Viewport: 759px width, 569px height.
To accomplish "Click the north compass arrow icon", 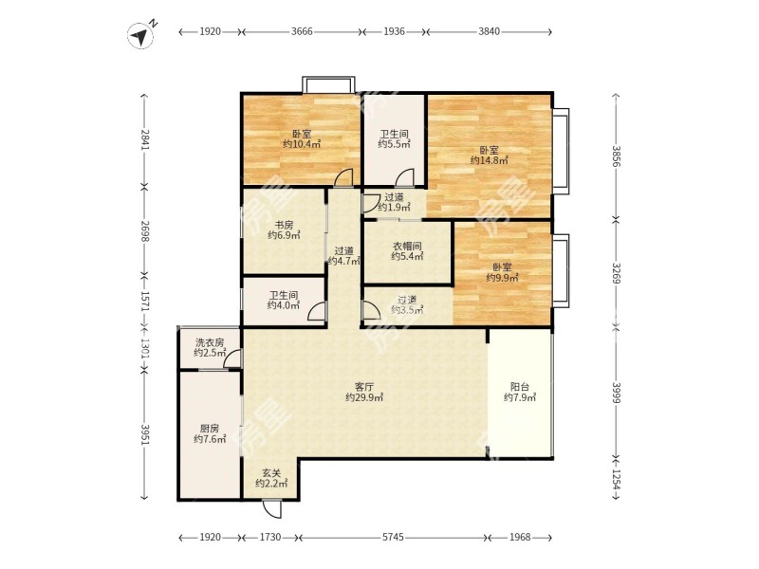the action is pyautogui.click(x=140, y=36).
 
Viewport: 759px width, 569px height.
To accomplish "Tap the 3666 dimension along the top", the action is pyautogui.click(x=302, y=32).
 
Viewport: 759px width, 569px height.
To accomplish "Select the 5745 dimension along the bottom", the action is pyautogui.click(x=393, y=537).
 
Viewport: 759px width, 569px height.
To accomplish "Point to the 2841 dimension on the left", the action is pyautogui.click(x=144, y=139).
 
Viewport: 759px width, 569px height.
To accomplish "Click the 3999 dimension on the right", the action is pyautogui.click(x=616, y=393).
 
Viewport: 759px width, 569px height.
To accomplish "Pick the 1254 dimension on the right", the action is pyautogui.click(x=616, y=479).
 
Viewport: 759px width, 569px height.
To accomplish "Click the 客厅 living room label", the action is pyautogui.click(x=364, y=387).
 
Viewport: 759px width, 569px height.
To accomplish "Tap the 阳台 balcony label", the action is pyautogui.click(x=520, y=387).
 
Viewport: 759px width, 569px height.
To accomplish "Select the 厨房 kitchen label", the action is pyautogui.click(x=210, y=429).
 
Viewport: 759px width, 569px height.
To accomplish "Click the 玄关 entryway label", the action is pyautogui.click(x=271, y=472).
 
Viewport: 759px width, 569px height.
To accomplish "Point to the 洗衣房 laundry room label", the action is pyautogui.click(x=210, y=342).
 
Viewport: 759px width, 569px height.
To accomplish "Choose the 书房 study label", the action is pyautogui.click(x=284, y=225).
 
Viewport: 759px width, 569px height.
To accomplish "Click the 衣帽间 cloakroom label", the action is pyautogui.click(x=407, y=246).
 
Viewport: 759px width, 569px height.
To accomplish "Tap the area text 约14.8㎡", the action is pyautogui.click(x=489, y=160).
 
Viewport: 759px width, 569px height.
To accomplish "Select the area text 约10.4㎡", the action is pyautogui.click(x=302, y=144).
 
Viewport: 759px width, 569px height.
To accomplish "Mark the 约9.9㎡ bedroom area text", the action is pyautogui.click(x=503, y=278).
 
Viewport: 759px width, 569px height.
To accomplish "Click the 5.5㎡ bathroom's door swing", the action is pyautogui.click(x=405, y=177).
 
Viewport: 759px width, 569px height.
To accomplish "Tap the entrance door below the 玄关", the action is pyautogui.click(x=271, y=508).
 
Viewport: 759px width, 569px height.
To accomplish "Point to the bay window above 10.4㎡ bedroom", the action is pyautogui.click(x=328, y=84).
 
